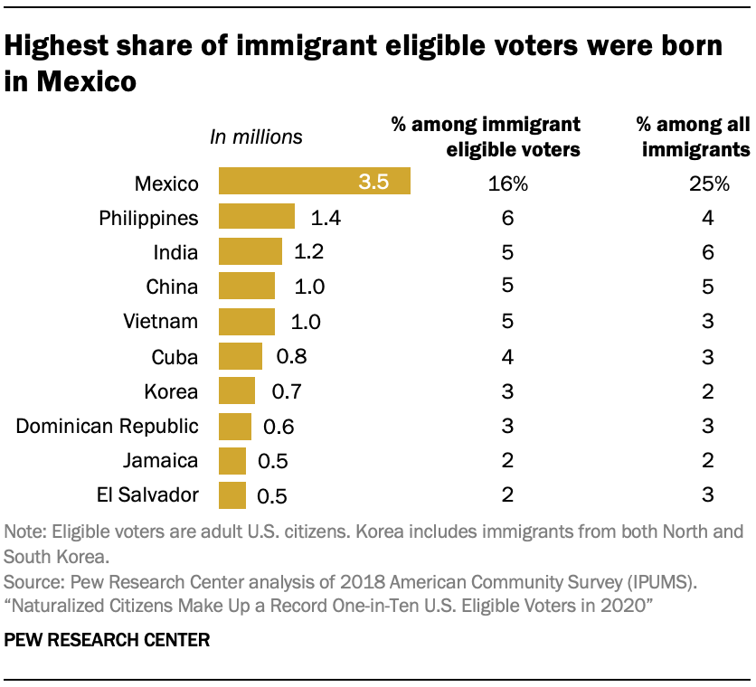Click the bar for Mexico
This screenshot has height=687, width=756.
point(314,182)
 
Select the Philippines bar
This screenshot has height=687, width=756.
point(257,217)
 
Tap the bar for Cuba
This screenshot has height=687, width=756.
point(241,355)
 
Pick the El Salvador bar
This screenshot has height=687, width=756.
point(232,494)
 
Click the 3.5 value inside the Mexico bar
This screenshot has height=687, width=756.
point(373,182)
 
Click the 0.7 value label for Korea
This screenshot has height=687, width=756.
point(286,391)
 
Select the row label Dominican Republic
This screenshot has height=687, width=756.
point(108,426)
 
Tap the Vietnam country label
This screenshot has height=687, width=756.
point(160,321)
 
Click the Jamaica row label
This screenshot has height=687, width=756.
point(160,460)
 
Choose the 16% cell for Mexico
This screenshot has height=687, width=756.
point(507,184)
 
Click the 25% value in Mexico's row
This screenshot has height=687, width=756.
point(708,184)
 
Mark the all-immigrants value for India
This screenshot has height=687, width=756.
point(708,252)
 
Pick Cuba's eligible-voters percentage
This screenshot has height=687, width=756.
point(507,356)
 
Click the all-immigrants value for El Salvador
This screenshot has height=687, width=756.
point(708,494)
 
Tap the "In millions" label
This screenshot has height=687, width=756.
point(256,137)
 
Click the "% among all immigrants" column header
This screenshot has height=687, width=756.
point(695,136)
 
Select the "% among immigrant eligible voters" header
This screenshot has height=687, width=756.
point(486,136)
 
